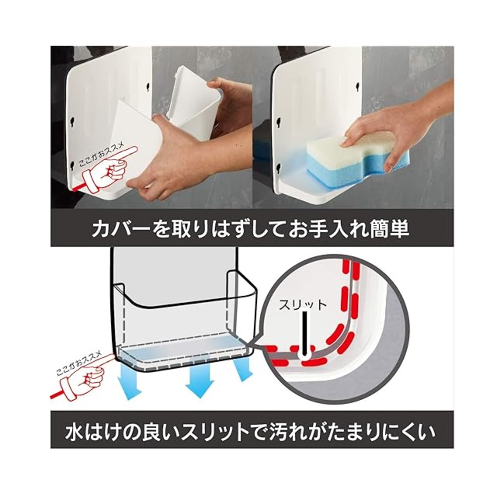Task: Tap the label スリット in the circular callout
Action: coord(302,305)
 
